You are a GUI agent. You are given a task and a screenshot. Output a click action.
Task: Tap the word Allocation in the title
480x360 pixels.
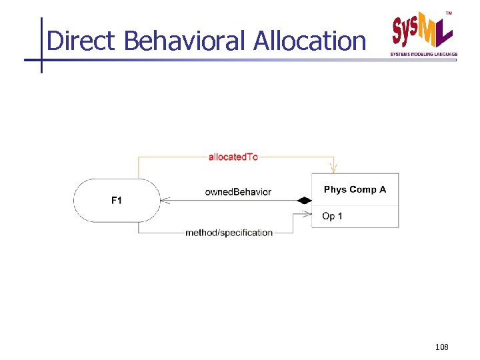click(309, 41)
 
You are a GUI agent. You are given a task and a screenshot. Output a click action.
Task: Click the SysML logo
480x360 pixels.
click(422, 31)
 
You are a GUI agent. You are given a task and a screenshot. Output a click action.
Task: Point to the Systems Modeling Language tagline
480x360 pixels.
click(423, 54)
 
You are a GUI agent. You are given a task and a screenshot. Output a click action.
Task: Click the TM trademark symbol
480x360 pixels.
click(448, 13)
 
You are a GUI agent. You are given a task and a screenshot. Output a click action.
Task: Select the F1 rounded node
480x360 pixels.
click(117, 200)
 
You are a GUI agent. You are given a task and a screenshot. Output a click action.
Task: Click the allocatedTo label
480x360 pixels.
click(233, 157)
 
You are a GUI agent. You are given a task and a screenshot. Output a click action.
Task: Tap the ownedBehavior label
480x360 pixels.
click(238, 192)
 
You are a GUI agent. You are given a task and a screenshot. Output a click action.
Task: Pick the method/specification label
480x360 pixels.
click(229, 233)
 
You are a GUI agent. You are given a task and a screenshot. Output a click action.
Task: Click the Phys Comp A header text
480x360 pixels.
click(355, 190)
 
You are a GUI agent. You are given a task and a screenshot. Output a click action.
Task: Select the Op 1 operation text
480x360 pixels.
click(332, 216)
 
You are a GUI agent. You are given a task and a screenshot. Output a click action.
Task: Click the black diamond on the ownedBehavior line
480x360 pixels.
click(304, 200)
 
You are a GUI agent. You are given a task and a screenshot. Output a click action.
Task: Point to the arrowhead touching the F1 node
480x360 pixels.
click(165, 200)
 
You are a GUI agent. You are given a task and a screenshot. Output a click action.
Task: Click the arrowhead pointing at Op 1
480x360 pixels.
click(307, 214)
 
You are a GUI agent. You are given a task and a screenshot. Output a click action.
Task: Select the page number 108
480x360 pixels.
click(441, 347)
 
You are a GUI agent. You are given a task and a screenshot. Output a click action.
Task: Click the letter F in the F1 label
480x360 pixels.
click(113, 200)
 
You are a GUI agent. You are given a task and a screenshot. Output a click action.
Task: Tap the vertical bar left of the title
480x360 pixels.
click(41, 44)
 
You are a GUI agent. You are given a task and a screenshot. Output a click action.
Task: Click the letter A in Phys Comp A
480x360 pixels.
click(383, 190)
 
